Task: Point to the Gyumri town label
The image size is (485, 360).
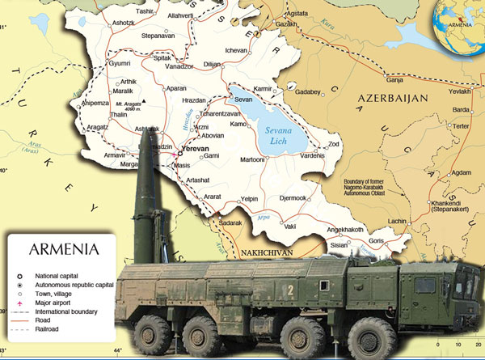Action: click(x=119, y=63)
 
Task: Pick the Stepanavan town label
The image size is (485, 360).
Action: click(x=157, y=36)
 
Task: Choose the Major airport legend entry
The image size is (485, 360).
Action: click(x=52, y=302)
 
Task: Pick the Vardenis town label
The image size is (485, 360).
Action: click(x=310, y=156)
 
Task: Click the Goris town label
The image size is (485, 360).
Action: click(x=377, y=241)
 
